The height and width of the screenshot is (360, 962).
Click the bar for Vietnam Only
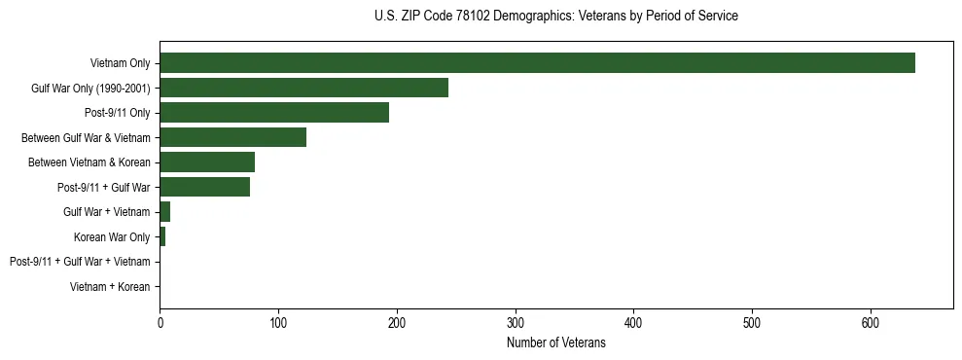(537, 63)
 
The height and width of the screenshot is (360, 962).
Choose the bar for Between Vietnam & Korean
(207, 162)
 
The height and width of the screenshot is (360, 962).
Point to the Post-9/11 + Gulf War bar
(204, 187)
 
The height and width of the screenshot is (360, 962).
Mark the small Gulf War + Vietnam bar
(165, 212)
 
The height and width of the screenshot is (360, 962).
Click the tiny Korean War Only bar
(162, 236)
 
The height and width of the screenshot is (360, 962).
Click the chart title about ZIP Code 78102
(555, 17)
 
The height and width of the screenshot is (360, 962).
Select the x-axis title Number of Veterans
(555, 343)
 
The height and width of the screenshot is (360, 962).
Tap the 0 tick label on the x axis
(160, 322)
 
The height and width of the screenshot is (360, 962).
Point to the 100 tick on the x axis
(278, 322)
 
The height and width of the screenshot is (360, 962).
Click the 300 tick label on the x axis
(516, 322)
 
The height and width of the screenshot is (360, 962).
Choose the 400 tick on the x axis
(633, 322)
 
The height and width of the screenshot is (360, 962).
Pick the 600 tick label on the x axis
(871, 322)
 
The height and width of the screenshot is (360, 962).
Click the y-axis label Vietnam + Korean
(110, 287)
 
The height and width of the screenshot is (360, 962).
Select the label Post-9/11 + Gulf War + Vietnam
(80, 262)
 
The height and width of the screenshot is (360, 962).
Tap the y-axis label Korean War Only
(112, 236)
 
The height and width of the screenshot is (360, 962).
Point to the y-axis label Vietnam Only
(120, 63)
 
